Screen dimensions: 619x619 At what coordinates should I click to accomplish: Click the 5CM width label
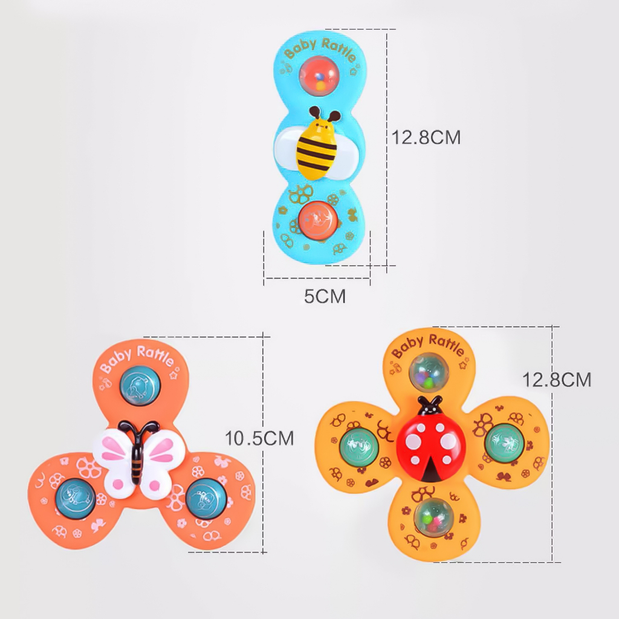click(x=325, y=296)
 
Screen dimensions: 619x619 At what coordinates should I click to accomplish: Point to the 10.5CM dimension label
click(x=259, y=438)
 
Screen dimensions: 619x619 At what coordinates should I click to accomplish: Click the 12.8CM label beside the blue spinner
click(x=426, y=137)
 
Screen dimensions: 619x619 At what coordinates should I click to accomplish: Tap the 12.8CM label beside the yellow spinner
click(x=557, y=380)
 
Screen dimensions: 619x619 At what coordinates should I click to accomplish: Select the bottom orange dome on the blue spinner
click(x=317, y=221)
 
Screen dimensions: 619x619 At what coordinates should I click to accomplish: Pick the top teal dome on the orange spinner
click(x=140, y=386)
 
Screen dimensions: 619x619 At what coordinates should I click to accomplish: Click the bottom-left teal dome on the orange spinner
click(x=76, y=498)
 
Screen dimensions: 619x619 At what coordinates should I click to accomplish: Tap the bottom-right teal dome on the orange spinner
click(x=206, y=499)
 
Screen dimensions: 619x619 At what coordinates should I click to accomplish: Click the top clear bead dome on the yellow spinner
click(x=429, y=372)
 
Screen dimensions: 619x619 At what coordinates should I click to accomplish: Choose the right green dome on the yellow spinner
click(x=504, y=443)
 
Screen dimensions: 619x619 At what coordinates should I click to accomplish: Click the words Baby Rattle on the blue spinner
click(x=320, y=50)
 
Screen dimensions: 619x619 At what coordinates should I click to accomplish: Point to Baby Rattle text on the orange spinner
click(x=137, y=358)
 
